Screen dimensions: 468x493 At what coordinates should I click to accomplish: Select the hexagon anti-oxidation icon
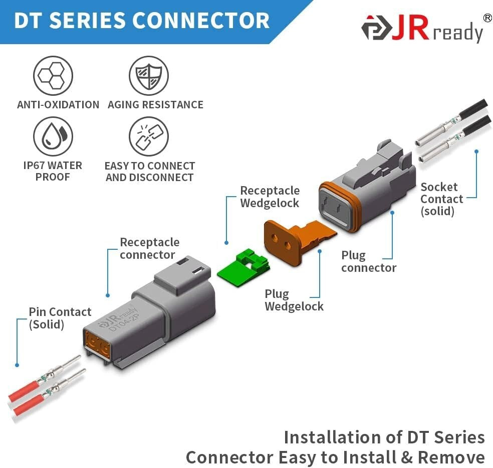[53, 76]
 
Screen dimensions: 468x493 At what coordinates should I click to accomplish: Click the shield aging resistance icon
[148, 76]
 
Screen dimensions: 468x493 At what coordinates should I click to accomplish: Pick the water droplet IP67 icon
[53, 136]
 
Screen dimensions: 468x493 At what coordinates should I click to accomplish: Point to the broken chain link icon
[148, 136]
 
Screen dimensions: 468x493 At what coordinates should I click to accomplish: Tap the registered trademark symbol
[486, 18]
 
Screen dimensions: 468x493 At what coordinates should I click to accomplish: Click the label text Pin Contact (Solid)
[60, 318]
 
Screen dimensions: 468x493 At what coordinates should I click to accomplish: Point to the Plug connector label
[368, 261]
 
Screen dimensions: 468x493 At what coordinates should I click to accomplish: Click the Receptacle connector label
[149, 248]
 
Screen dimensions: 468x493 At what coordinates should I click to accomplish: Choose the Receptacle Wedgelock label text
[270, 197]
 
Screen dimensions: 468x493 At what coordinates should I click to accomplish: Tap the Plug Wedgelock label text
[294, 300]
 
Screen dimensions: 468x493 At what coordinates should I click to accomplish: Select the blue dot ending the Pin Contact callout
[17, 365]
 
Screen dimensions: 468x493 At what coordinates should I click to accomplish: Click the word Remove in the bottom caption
[451, 457]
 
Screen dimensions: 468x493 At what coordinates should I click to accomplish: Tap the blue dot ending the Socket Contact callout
[476, 151]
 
